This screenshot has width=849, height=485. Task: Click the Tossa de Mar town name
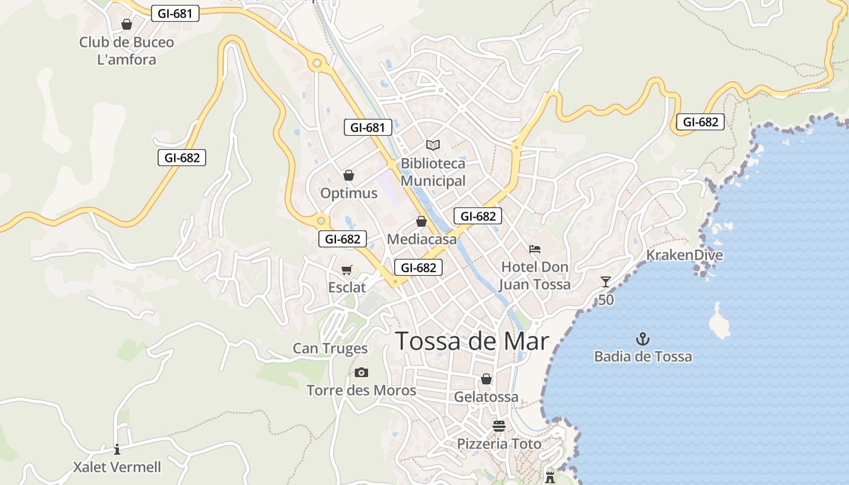pos(472,341)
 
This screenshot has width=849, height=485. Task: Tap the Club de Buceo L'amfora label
pos(126,51)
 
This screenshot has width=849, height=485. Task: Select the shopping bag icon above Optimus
pos(349,176)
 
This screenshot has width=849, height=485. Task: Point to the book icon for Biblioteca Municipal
pos(432,145)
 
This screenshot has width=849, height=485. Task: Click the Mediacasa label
pos(421,239)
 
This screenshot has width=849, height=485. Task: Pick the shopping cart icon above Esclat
pos(346,270)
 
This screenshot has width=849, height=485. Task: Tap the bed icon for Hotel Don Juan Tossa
pos(534,249)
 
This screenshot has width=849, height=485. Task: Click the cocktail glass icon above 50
pos(605,282)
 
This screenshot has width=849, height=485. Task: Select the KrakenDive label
pos(684,255)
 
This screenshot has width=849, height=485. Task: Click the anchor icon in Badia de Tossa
pos(642,339)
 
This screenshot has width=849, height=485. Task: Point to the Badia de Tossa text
pos(643,356)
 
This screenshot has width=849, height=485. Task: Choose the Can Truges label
pos(330,349)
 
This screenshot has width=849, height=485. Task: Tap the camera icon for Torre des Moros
pos(361,372)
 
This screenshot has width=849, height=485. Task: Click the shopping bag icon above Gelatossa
pos(486,379)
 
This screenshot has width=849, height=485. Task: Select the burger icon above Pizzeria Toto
pos(499,426)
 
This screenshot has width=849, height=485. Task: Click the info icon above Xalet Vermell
pos(117,449)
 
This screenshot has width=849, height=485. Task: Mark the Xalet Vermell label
pos(117,467)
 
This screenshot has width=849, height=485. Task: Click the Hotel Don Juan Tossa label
pos(534,276)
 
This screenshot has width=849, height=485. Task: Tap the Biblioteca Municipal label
pos(433,172)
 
